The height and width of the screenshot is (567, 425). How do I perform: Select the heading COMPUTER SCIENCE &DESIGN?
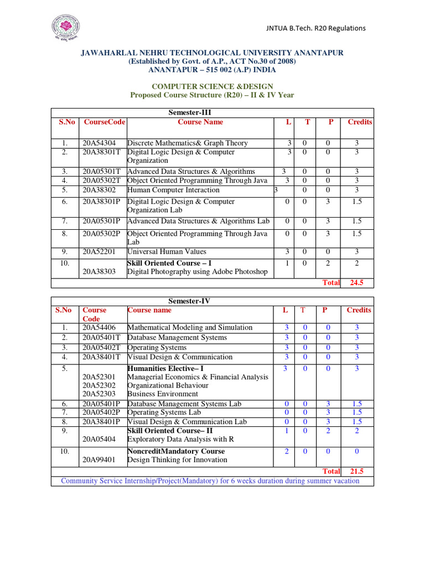point(212,86)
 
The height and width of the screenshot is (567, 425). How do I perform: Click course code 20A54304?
point(99,143)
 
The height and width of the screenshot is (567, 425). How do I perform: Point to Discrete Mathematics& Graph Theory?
point(188,143)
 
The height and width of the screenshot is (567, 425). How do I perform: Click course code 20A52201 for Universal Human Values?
point(99,251)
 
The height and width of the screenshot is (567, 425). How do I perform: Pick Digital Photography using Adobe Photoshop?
point(197,272)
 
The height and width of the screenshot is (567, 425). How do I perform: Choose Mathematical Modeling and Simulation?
point(190,327)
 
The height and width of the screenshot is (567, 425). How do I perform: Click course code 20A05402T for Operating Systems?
point(102,347)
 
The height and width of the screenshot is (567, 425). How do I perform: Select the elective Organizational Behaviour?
point(168,385)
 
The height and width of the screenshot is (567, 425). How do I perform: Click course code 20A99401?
point(99,460)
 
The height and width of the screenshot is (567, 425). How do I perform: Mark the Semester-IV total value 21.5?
point(357,471)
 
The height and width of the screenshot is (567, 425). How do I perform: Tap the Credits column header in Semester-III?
point(360,122)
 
